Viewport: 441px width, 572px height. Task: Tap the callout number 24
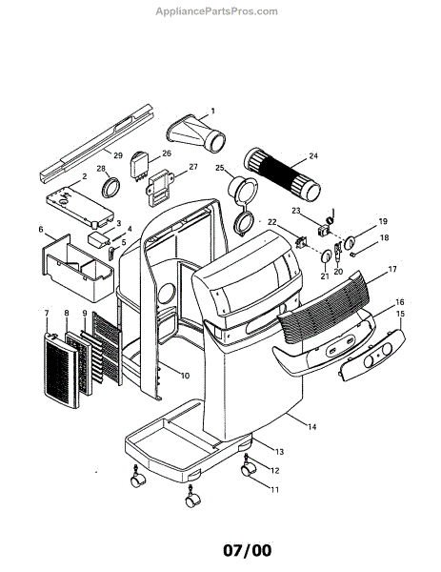(313, 156)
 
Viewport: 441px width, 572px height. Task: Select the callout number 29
(118, 154)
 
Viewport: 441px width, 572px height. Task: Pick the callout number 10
(185, 376)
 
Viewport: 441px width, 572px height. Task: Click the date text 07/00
(220, 551)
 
